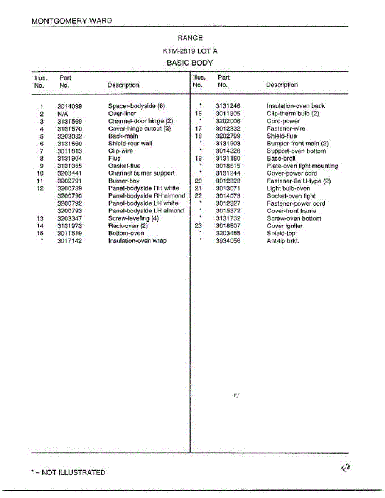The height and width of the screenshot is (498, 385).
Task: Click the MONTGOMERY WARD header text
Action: pyautogui.click(x=71, y=21)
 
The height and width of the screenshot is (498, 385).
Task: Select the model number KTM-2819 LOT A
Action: pyautogui.click(x=190, y=51)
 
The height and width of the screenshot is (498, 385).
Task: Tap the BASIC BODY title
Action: pyautogui.click(x=190, y=63)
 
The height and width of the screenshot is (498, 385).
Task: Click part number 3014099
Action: pyautogui.click(x=70, y=106)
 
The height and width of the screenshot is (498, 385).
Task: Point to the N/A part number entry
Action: pyautogui.click(x=63, y=114)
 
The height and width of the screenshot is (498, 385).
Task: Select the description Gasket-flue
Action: pyautogui.click(x=124, y=166)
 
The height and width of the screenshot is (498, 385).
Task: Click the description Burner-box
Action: pyautogui.click(x=124, y=181)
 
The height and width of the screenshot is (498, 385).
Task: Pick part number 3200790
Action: pyautogui.click(x=70, y=196)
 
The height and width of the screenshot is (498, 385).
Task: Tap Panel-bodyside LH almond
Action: pyautogui.click(x=146, y=211)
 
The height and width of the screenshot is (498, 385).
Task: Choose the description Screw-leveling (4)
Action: pyautogui.click(x=133, y=218)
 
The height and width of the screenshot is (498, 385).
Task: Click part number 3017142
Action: pyautogui.click(x=70, y=241)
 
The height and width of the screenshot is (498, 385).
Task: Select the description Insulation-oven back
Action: pyautogui.click(x=296, y=106)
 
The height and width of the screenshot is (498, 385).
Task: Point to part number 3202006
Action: pyautogui.click(x=228, y=121)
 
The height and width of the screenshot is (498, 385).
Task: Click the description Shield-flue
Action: pyautogui.click(x=282, y=136)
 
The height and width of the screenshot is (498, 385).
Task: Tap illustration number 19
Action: pyautogui.click(x=198, y=159)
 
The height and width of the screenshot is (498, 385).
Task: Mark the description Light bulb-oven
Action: pyautogui.click(x=288, y=188)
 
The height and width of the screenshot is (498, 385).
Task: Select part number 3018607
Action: pyautogui.click(x=228, y=226)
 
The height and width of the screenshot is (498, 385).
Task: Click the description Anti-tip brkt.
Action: pyautogui.click(x=282, y=241)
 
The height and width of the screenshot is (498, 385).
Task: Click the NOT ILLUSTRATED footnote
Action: pyautogui.click(x=68, y=472)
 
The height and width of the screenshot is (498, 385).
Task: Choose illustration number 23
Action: pyautogui.click(x=198, y=226)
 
